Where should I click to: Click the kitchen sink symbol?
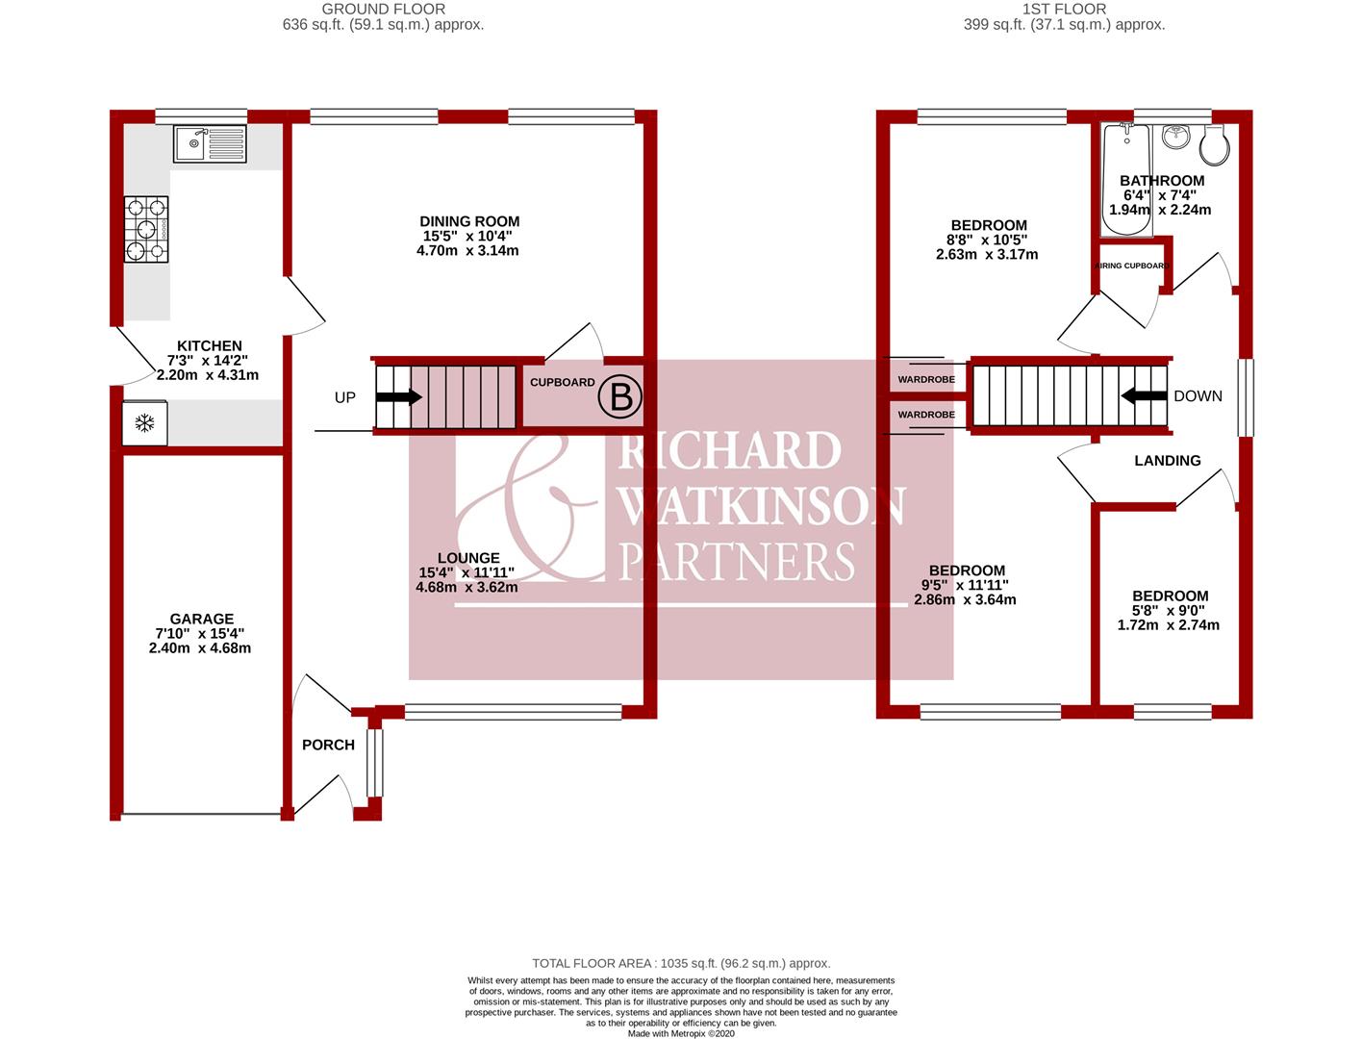coord(210,144)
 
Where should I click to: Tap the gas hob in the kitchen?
coord(145,229)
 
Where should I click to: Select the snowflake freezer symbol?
coord(145,423)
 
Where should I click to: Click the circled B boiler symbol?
coord(620,396)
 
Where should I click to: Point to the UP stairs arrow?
coord(403,396)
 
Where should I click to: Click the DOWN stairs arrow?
coord(1141,395)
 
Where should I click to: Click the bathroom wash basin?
coord(1174,138)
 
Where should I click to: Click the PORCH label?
coord(328,745)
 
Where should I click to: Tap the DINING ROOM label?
coord(469,221)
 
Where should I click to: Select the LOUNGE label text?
coord(468,558)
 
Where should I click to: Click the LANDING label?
coord(1167,461)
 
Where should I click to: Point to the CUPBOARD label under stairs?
coord(563,382)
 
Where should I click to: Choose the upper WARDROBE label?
coord(926,380)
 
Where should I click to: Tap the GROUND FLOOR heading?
coord(383,9)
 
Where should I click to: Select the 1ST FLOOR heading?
coord(1064,9)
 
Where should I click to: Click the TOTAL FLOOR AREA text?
coord(681,963)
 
